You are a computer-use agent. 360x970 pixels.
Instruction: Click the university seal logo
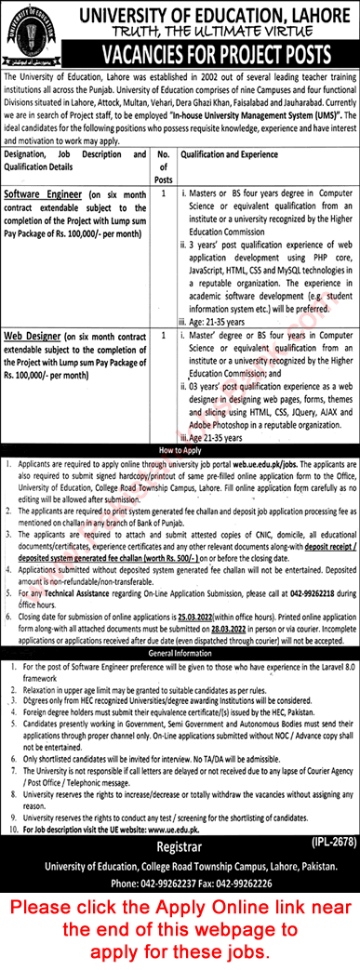tap(35, 34)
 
